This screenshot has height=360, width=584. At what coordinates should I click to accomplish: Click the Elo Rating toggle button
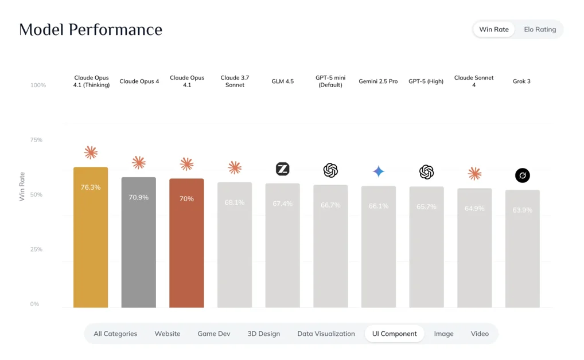click(x=540, y=29)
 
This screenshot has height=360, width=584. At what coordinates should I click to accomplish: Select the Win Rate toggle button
click(x=494, y=29)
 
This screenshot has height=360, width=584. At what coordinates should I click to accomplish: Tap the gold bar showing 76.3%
click(x=91, y=237)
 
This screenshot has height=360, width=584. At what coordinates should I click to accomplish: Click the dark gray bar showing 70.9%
click(x=139, y=242)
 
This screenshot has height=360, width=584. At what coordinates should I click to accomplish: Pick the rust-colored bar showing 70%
click(x=186, y=243)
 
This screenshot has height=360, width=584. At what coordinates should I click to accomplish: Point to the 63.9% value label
click(x=522, y=210)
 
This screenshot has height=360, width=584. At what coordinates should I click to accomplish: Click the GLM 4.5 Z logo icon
click(x=283, y=169)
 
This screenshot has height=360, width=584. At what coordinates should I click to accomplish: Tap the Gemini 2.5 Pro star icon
click(x=379, y=171)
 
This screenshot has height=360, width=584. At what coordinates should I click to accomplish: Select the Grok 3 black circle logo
click(x=523, y=175)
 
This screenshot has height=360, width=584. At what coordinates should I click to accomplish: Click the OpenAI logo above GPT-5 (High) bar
click(x=426, y=172)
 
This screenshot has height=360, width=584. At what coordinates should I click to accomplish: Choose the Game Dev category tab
click(x=214, y=334)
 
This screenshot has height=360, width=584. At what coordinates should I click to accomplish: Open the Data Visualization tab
click(x=326, y=334)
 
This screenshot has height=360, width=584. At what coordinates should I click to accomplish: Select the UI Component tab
click(x=395, y=334)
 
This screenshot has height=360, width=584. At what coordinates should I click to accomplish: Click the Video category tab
click(x=480, y=334)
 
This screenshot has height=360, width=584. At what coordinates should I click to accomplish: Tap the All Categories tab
click(x=115, y=334)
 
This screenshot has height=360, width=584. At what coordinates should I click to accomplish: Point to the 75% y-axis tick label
click(x=36, y=140)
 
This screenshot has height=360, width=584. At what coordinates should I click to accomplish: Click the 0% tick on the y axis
click(x=34, y=304)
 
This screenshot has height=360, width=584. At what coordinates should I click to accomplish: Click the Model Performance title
click(x=91, y=30)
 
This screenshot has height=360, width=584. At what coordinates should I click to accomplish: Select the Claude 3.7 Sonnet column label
click(x=235, y=81)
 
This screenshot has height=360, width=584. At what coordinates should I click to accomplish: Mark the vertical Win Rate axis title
click(x=22, y=186)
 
